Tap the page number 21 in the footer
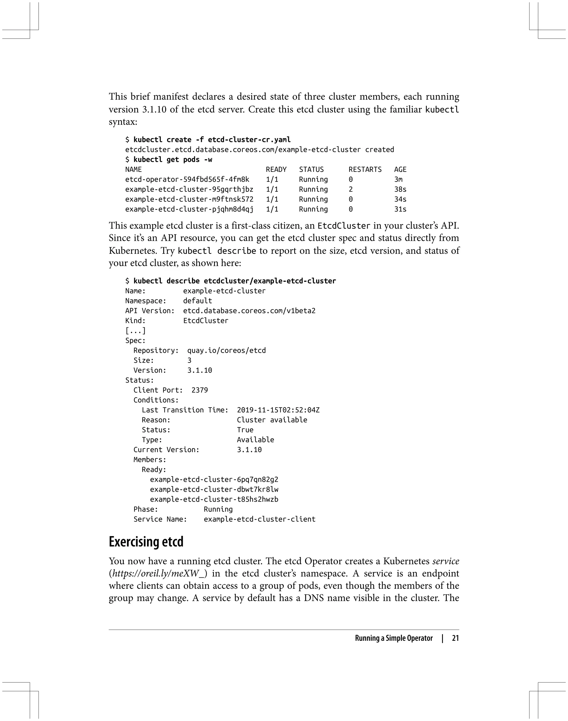455,638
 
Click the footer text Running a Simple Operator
394,638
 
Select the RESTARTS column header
365,170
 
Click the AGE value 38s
400,190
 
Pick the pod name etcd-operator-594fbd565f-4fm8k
187,180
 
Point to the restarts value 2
351,190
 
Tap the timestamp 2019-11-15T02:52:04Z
278,410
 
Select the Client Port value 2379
199,390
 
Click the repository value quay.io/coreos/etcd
227,350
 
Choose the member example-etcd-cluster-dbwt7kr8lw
214,489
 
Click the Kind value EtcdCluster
206,321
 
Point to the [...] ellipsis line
135,331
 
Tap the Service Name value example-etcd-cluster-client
259,519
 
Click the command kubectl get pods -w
173,160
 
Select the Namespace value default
197,301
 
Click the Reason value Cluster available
272,420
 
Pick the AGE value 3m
398,180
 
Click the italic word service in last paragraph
446,561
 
